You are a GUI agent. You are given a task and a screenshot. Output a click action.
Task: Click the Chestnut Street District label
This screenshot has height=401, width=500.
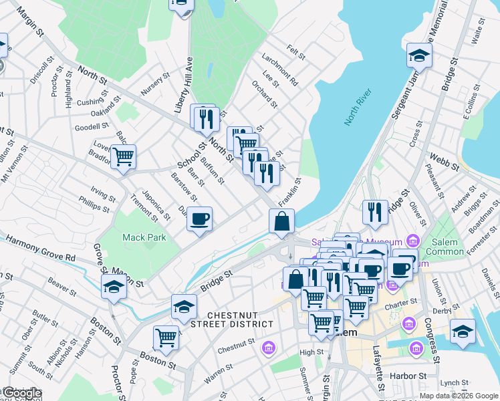point(240,319)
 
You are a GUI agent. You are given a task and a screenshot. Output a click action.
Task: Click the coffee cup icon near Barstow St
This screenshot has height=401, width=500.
point(199,219)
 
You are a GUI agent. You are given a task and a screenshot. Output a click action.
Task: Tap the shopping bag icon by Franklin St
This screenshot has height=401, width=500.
point(281,221)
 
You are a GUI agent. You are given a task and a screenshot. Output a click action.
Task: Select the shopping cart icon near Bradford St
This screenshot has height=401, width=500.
point(123,157)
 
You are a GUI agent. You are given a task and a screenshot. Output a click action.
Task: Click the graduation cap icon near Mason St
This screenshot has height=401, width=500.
point(114,288)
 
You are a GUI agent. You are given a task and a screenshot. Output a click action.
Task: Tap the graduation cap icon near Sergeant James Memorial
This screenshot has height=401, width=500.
point(419,54)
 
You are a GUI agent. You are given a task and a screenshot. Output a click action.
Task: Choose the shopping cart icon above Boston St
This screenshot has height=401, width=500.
point(166,338)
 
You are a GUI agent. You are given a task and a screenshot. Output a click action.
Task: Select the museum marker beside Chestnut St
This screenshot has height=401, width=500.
point(269,348)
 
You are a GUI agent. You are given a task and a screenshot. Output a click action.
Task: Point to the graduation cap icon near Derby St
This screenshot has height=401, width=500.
point(463,331)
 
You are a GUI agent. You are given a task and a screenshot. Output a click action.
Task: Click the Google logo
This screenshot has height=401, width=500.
point(21,393)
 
